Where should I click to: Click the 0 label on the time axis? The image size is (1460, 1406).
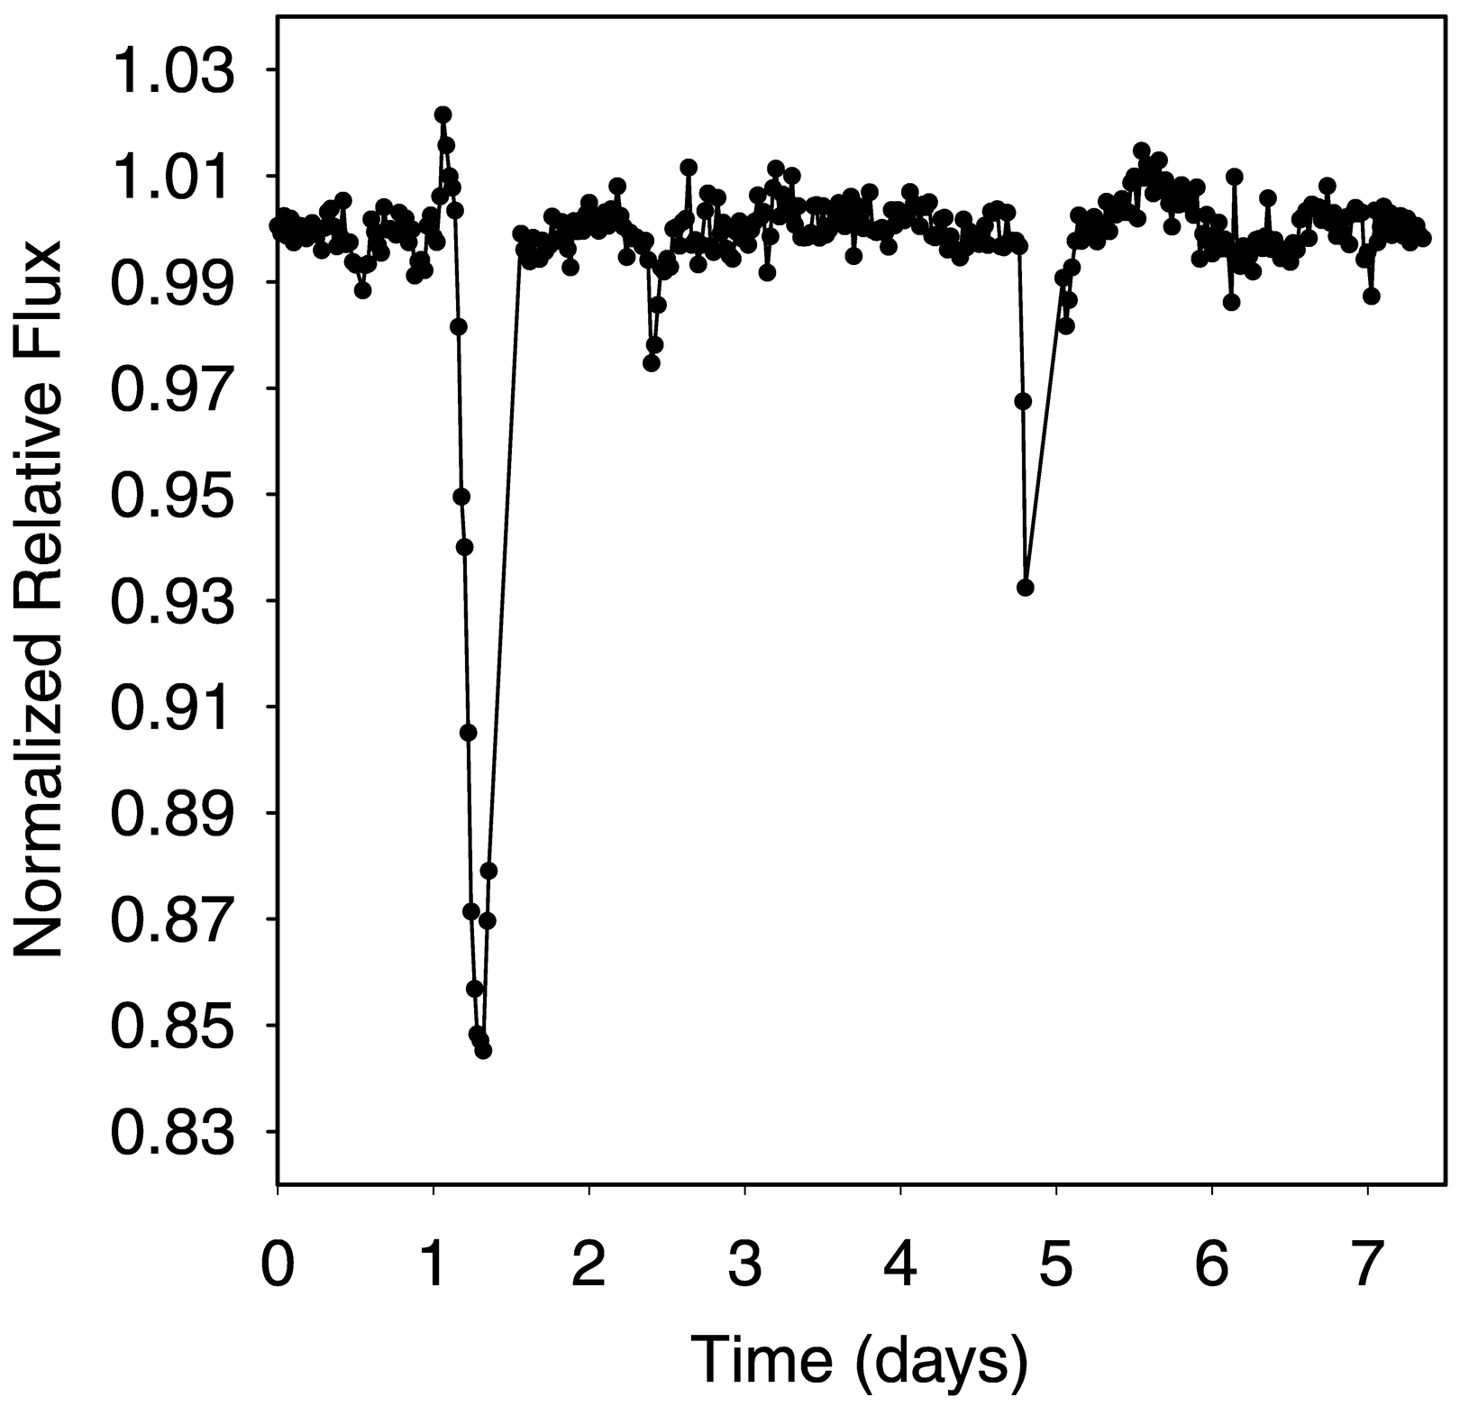278,1264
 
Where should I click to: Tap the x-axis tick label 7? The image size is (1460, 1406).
1368,1264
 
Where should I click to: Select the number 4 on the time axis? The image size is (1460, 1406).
900,1264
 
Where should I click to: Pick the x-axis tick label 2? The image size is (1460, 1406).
589,1264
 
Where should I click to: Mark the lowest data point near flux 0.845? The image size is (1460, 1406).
483,1050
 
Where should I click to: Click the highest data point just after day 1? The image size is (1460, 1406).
443,114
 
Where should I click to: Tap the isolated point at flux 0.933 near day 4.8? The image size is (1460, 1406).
1026,588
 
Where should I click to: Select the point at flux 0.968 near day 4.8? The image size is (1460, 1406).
1023,401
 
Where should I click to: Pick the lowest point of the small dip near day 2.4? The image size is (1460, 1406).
652,363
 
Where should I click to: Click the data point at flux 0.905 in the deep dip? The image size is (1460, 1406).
468,733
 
